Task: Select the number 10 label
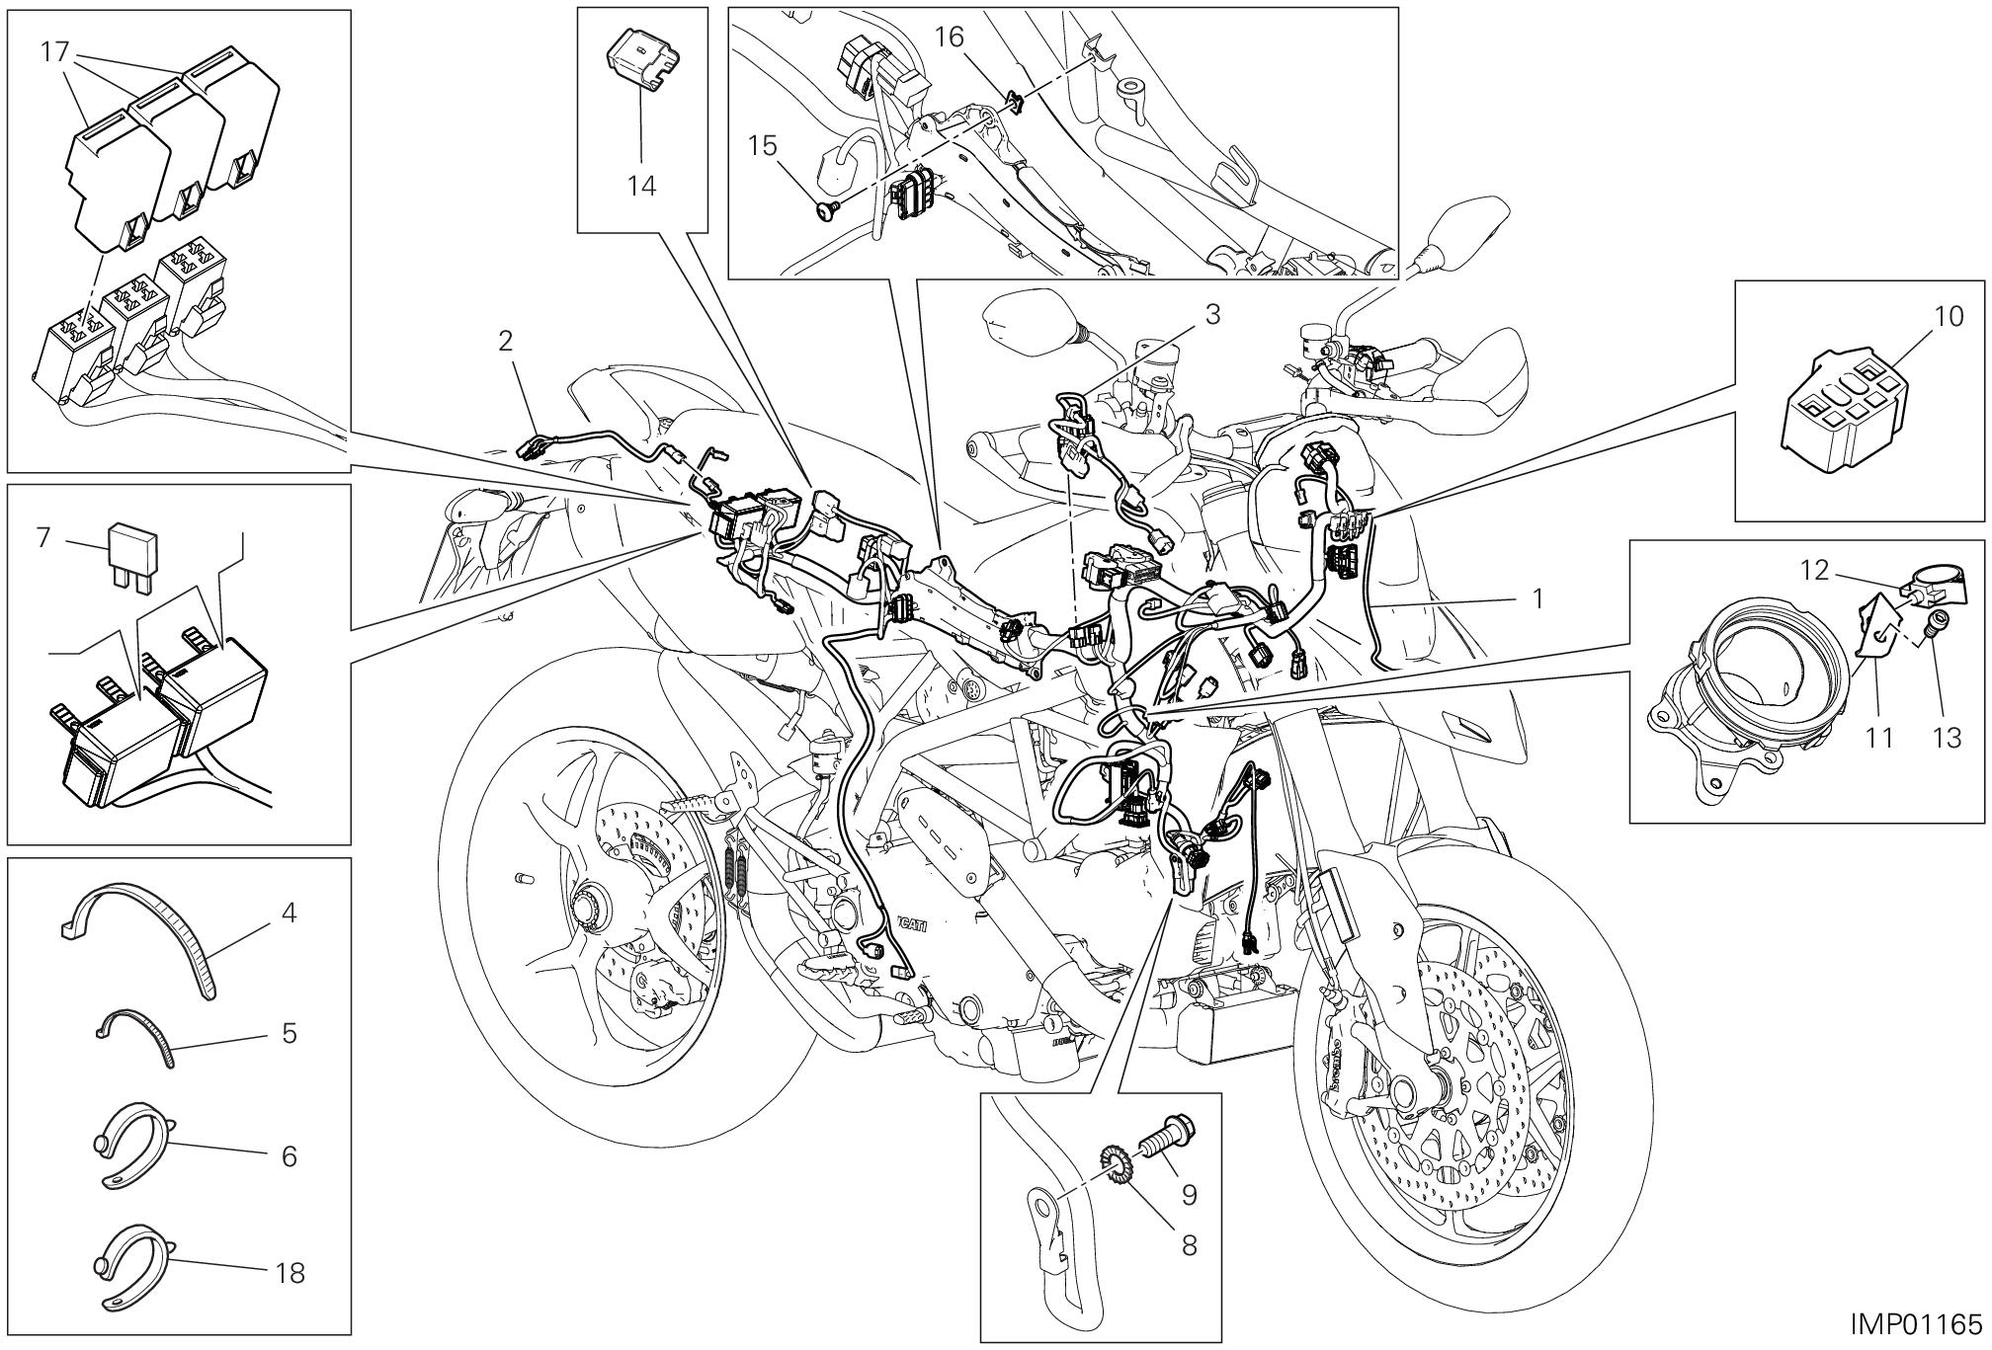(1949, 317)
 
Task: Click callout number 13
(1946, 737)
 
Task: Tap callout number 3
(1211, 314)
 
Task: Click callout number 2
(505, 342)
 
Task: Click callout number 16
(949, 39)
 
